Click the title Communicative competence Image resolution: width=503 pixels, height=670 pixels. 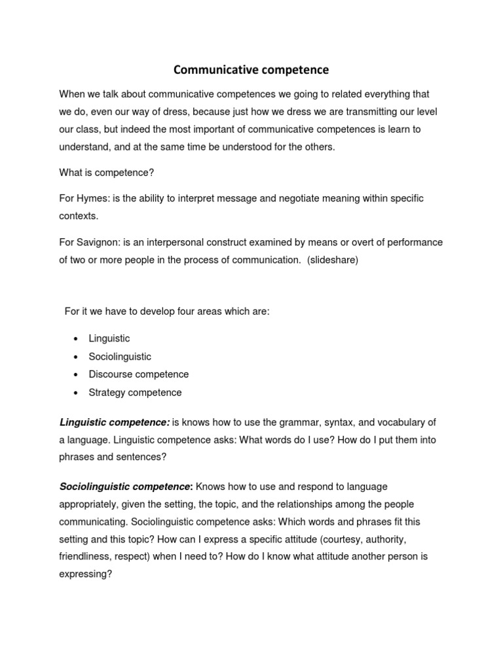pyautogui.click(x=251, y=69)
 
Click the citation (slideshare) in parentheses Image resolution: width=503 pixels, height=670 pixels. pyautogui.click(x=333, y=260)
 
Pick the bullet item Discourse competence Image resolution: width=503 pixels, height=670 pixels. pyautogui.click(x=139, y=374)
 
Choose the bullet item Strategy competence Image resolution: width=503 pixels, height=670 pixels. pyautogui.click(x=136, y=393)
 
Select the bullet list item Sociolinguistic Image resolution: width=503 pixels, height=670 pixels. pyautogui.click(x=120, y=357)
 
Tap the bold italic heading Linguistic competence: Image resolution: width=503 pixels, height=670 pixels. pyautogui.click(x=115, y=423)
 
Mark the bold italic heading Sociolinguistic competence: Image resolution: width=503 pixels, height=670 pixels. pyautogui.click(x=126, y=487)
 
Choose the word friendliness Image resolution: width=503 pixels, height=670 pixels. pyautogui.click(x=87, y=556)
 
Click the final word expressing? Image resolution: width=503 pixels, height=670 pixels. pyautogui.click(x=86, y=574)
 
